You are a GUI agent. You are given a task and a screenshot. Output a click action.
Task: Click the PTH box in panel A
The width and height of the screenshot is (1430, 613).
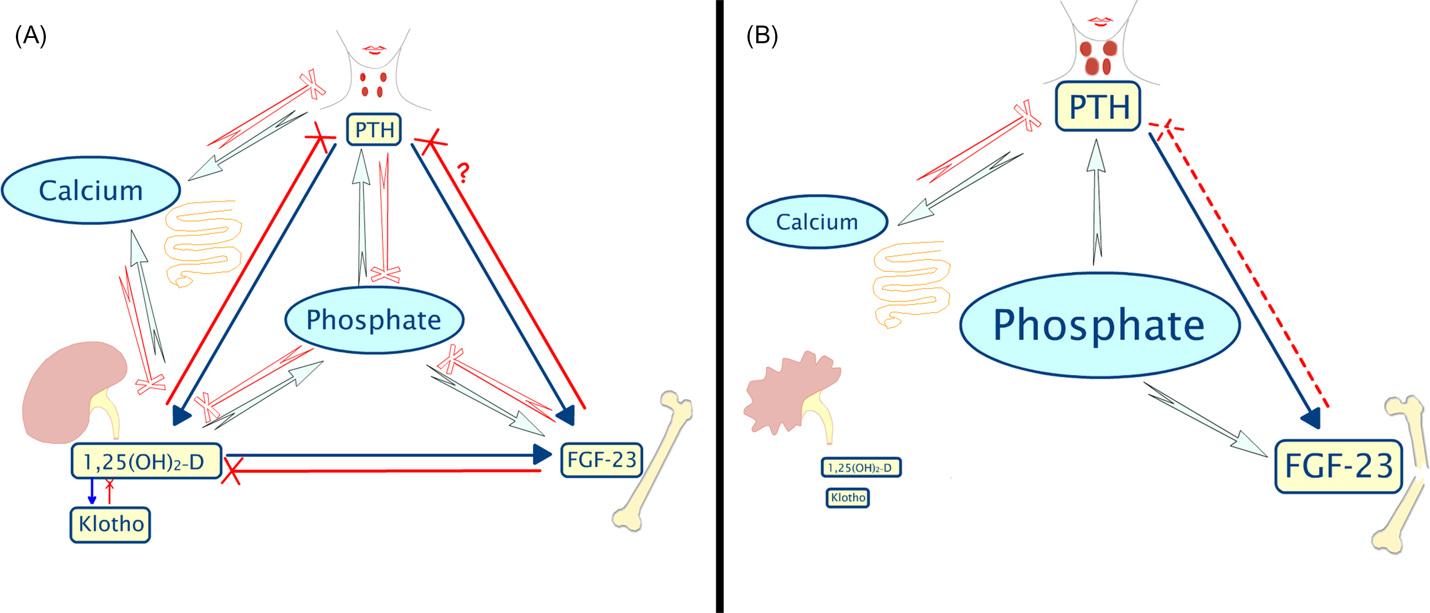tap(374, 129)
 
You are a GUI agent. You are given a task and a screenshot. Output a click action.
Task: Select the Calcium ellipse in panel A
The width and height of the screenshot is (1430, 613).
tap(91, 190)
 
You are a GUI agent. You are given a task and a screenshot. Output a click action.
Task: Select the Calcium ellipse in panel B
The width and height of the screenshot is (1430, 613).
tap(817, 222)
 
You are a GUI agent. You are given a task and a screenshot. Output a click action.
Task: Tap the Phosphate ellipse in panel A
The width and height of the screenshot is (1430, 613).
tap(374, 320)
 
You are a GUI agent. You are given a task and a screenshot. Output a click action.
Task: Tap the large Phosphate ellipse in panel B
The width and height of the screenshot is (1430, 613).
tap(1099, 325)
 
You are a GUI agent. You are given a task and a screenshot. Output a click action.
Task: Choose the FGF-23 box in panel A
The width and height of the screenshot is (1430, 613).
tap(602, 460)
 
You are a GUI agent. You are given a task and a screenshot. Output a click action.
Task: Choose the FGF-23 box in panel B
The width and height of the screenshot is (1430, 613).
tap(1338, 466)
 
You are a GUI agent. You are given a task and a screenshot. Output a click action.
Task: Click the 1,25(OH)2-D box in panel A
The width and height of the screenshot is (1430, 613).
tap(146, 461)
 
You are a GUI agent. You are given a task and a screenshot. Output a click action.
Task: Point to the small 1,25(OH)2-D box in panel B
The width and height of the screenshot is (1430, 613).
tap(860, 467)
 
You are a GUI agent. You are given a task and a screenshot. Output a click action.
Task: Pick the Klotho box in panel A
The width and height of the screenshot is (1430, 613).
tap(110, 524)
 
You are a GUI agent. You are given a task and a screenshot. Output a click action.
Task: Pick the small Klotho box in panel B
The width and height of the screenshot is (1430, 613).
tap(848, 497)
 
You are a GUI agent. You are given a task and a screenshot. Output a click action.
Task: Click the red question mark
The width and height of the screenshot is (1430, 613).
tap(463, 173)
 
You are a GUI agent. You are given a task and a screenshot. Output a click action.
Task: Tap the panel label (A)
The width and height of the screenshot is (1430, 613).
tap(31, 36)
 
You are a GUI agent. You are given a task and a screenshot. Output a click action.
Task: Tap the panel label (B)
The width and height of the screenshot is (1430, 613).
tap(762, 36)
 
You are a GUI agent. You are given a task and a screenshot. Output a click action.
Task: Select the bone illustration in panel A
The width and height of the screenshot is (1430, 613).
tap(652, 460)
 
